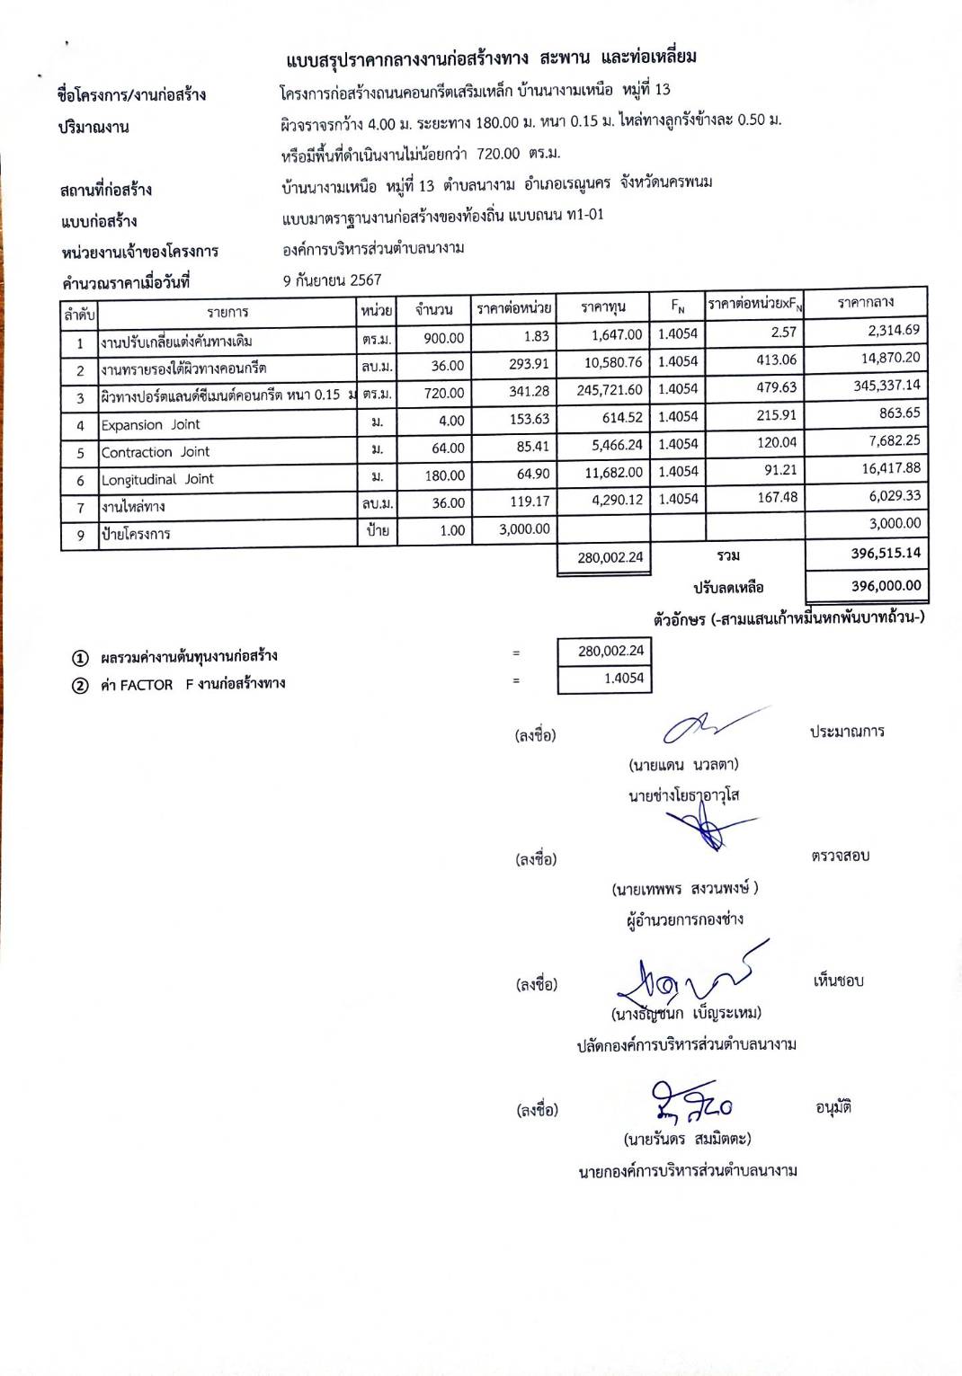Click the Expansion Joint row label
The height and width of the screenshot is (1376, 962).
(150, 424)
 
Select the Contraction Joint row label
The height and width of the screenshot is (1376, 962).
(155, 452)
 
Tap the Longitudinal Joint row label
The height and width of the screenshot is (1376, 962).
(157, 479)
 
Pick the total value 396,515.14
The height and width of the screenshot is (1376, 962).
(886, 553)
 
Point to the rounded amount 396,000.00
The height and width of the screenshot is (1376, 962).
(886, 586)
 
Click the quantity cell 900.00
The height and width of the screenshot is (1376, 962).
(444, 338)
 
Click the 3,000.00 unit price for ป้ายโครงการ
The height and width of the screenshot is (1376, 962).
(524, 529)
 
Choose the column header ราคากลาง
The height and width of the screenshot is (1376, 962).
(865, 303)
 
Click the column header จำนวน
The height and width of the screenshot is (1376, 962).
(433, 309)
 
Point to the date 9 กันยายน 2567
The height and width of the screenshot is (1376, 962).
(332, 280)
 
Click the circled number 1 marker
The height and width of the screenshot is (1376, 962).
(80, 657)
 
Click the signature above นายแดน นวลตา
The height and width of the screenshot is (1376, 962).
(709, 725)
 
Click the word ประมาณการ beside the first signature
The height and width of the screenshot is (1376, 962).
(846, 732)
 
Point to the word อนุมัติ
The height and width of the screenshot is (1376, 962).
(833, 1107)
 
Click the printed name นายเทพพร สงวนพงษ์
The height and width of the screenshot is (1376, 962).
(685, 889)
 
